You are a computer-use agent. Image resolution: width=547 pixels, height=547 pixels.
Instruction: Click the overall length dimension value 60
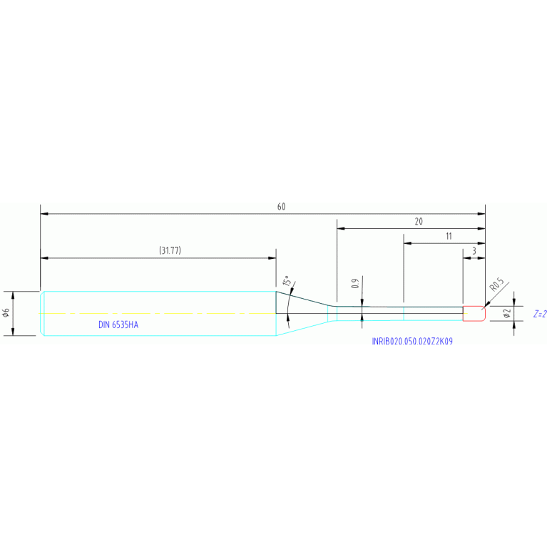click(281, 207)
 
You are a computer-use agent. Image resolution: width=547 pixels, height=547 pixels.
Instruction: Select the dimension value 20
click(419, 222)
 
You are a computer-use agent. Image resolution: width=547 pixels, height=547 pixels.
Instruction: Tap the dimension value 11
click(449, 236)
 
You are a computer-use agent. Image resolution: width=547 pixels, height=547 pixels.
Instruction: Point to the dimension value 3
click(474, 251)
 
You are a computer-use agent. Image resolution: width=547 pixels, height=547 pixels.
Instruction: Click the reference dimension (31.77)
click(170, 250)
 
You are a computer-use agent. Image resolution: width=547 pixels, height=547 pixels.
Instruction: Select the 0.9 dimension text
click(355, 284)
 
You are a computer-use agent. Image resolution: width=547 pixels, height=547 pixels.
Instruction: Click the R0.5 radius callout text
click(497, 285)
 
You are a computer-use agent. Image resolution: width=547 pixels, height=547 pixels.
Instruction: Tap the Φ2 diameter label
click(507, 313)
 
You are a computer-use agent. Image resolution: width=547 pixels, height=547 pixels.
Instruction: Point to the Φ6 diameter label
click(6, 312)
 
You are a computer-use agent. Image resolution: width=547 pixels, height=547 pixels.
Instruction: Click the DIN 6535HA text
click(118, 324)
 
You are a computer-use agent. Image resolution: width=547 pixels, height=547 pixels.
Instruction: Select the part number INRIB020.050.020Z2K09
click(412, 341)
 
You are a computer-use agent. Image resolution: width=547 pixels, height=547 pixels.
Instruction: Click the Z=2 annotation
click(540, 314)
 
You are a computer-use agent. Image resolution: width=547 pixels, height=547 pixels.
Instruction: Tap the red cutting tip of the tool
click(474, 313)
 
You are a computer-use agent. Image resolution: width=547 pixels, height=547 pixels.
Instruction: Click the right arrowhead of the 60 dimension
click(481, 214)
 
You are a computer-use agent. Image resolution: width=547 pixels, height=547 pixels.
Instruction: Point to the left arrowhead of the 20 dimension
click(341, 228)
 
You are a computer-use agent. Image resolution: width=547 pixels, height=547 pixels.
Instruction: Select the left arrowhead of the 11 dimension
click(408, 243)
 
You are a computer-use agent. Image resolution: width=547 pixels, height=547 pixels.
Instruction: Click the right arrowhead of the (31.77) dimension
click(272, 258)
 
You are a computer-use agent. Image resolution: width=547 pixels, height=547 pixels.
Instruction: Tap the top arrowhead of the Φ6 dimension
click(13, 295)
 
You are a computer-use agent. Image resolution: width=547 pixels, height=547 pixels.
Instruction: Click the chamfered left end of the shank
click(42, 313)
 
